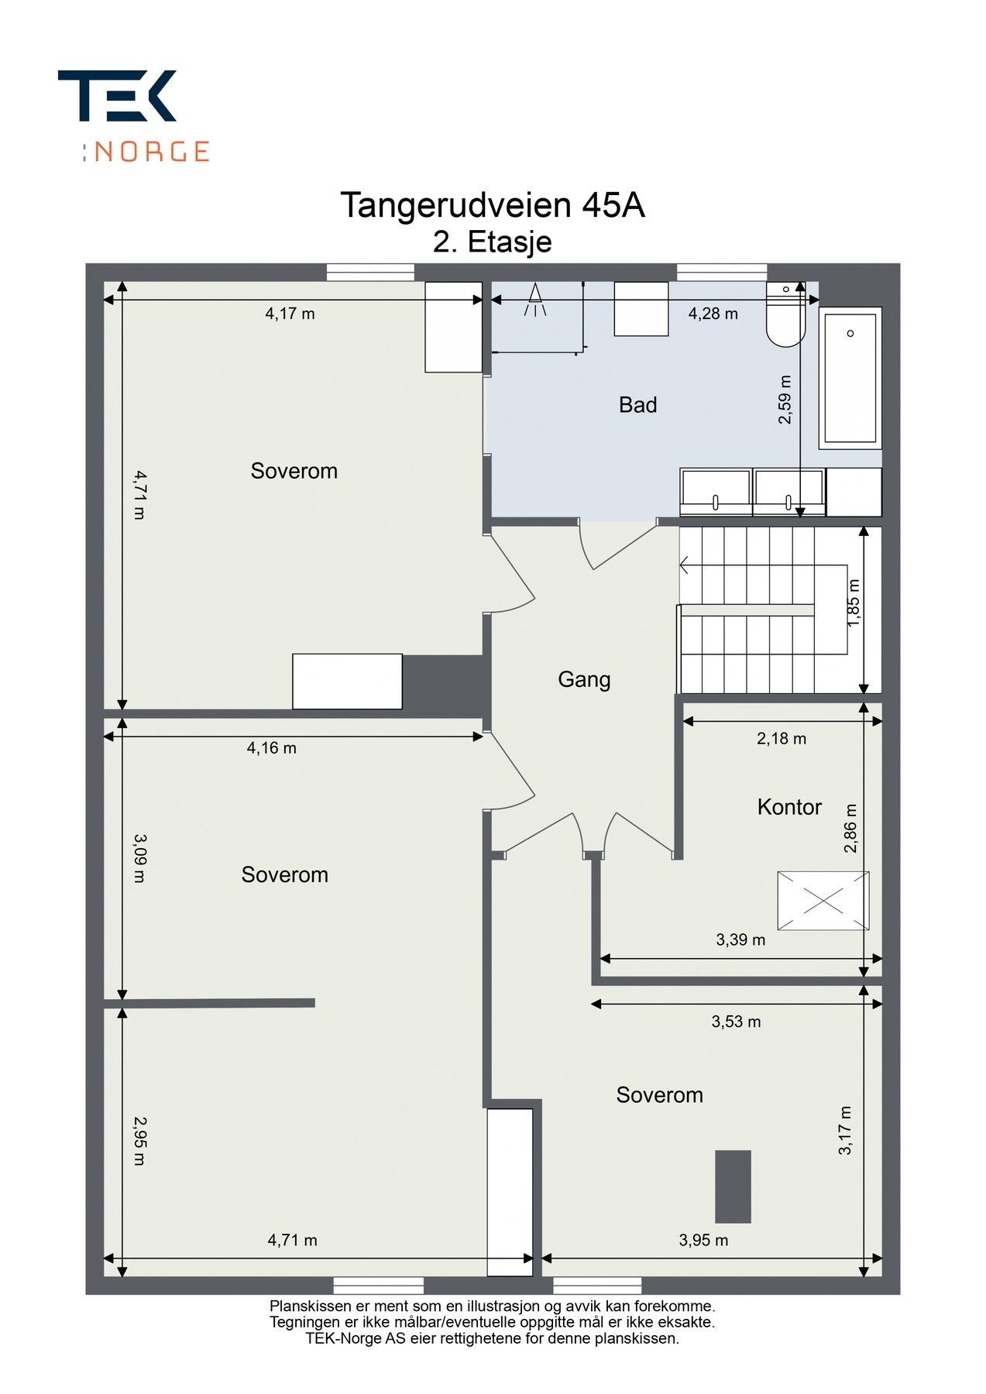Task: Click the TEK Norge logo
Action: tap(133, 115)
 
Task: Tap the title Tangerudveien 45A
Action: tap(493, 205)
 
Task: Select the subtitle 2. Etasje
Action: tap(493, 242)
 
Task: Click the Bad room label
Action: tap(637, 404)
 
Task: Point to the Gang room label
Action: tap(584, 679)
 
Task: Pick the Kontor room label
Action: tap(789, 807)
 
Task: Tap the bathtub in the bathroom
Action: tap(850, 378)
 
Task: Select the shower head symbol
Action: tap(534, 300)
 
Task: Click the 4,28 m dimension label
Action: tap(713, 314)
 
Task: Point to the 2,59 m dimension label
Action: tap(785, 400)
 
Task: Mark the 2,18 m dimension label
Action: tap(782, 739)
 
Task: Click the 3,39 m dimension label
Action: tap(740, 940)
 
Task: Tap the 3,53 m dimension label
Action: tap(736, 1021)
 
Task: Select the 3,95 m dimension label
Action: tap(703, 1240)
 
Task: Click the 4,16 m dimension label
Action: tap(272, 748)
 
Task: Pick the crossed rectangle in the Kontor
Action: tap(823, 901)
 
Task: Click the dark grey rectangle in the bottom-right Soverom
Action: tap(733, 1186)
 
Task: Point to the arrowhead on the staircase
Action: tap(685, 565)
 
